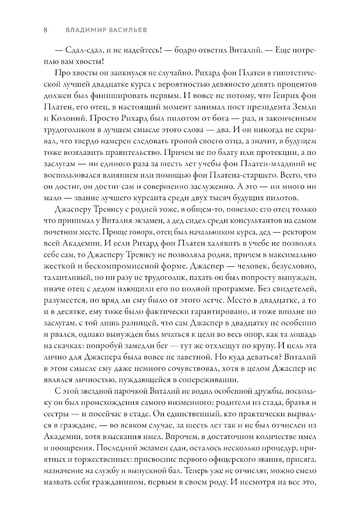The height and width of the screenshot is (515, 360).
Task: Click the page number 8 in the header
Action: pos(46,30)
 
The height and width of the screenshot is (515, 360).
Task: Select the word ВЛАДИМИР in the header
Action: pos(84,30)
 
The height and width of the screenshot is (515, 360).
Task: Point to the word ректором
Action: pos(299,232)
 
